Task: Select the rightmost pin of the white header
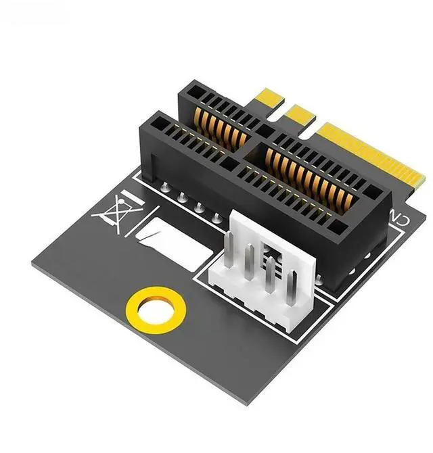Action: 292,288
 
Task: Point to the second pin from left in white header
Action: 250,262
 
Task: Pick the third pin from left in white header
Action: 271,275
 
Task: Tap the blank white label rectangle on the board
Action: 175,244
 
